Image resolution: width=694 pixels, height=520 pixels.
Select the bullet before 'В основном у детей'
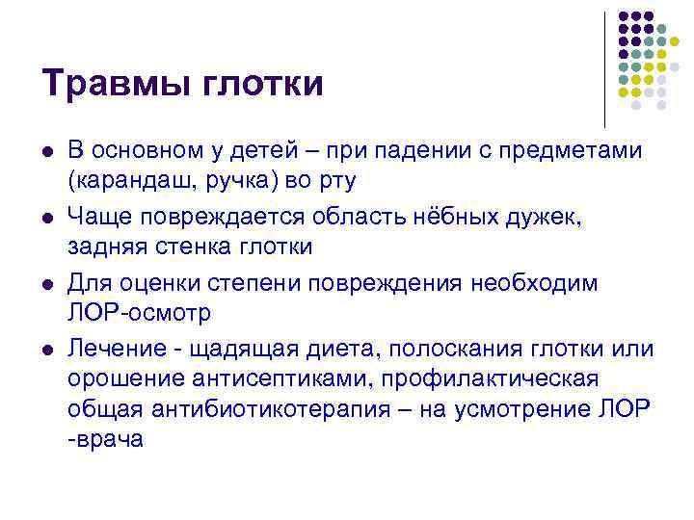tap(48, 154)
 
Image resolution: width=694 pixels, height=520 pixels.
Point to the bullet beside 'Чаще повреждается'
tap(48, 221)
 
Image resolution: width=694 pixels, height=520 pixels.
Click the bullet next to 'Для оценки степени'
tap(48, 285)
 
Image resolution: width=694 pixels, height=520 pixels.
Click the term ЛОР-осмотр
tap(139, 313)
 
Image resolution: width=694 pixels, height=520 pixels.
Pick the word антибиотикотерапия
tap(262, 409)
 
